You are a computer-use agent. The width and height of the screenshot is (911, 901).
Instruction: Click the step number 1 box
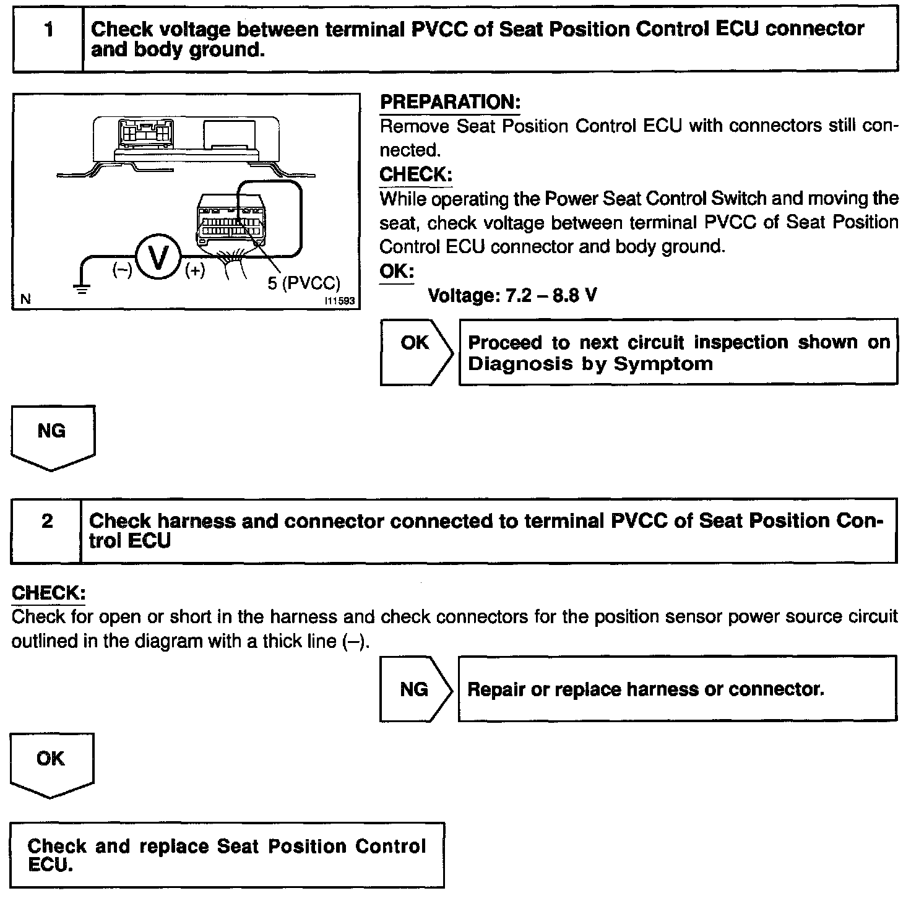(x=48, y=39)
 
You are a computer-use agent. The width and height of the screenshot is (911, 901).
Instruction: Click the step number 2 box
(x=46, y=530)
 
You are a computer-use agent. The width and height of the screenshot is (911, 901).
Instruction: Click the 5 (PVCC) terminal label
(x=304, y=283)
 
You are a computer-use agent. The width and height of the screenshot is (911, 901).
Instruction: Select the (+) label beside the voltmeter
(x=195, y=270)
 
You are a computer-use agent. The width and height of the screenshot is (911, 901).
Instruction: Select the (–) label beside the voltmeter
(x=122, y=270)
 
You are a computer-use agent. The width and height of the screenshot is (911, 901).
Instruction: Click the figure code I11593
(x=340, y=301)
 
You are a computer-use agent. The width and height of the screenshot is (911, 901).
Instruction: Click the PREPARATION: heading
(x=450, y=102)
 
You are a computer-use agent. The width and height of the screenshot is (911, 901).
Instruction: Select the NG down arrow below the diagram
(x=53, y=437)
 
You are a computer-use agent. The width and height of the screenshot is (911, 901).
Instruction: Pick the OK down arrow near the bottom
(x=51, y=765)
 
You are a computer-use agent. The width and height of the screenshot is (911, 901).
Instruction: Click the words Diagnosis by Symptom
(x=590, y=363)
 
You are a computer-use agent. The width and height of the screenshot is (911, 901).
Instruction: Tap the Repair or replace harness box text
(x=645, y=689)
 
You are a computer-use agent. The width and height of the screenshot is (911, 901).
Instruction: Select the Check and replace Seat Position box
(x=227, y=855)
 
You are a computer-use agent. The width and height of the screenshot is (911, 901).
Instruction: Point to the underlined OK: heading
(x=396, y=272)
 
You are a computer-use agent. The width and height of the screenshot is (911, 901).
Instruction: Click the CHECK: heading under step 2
(x=48, y=592)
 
